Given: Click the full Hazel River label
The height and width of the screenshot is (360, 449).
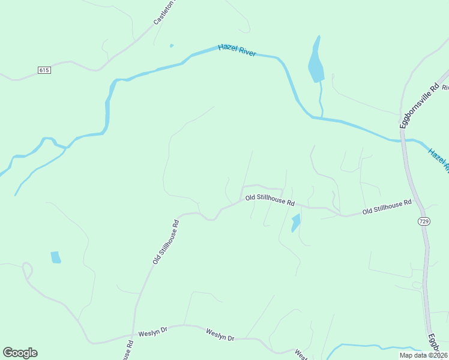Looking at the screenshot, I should click(237, 50).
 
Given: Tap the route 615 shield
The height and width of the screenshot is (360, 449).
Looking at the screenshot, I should click(44, 70).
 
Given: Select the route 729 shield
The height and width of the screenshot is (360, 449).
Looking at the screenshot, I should click(423, 222).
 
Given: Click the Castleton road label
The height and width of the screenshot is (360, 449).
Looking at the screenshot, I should click(164, 12).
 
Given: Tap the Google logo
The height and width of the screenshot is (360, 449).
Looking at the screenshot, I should click(20, 353).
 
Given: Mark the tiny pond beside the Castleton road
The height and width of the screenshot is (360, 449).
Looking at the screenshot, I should click(172, 46).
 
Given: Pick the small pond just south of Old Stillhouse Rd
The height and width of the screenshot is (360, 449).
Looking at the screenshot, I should click(295, 223).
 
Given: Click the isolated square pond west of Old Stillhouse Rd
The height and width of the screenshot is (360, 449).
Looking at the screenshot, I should click(56, 257).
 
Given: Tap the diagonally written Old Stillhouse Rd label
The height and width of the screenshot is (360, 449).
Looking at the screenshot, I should click(166, 241).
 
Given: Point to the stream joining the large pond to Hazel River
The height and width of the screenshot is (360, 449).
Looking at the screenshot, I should click(321, 99).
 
